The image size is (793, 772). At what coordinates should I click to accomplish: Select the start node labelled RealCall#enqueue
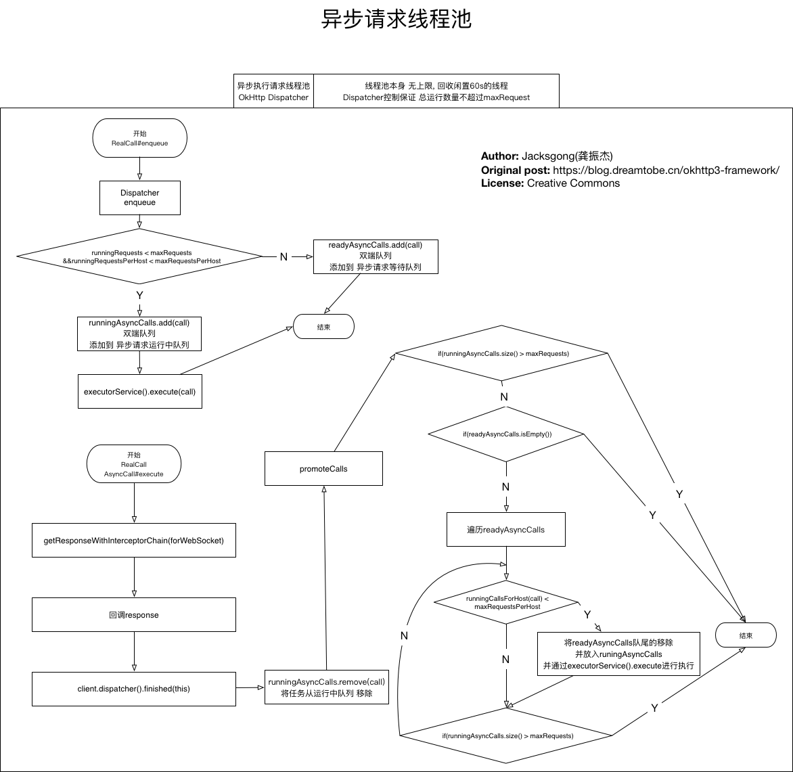coord(139,138)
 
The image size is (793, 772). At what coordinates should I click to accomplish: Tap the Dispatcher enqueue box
coord(139,198)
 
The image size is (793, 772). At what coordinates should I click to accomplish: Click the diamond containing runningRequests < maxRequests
coord(139,256)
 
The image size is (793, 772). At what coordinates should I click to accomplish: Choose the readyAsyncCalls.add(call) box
coord(376,256)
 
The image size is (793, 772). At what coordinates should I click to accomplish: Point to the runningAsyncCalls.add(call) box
coord(139,334)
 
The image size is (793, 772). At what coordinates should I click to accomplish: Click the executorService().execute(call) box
coord(139,392)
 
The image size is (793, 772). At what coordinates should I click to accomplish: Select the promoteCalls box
coord(323,468)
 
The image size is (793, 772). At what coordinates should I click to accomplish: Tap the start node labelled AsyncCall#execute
coord(134,465)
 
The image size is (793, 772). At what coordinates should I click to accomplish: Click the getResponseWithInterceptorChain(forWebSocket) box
coord(134,540)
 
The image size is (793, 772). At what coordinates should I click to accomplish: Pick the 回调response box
coord(134,615)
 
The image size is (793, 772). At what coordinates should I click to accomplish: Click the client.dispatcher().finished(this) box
coord(134,689)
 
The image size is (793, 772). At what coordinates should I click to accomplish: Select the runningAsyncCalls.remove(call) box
coord(327,687)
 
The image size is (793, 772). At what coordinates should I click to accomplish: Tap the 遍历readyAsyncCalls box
coord(506,529)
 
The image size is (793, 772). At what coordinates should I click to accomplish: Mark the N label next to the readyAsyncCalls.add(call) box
coord(284,256)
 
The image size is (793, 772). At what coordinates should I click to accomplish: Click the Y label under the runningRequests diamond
coord(139,295)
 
